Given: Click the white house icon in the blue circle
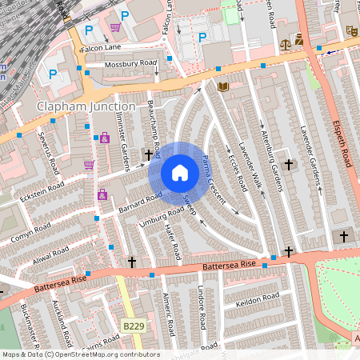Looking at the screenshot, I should (180, 172).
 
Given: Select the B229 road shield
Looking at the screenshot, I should (134, 326).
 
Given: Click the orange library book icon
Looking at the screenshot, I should (223, 86).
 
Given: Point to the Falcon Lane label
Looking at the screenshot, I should (100, 48).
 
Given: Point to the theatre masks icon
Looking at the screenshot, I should (350, 30).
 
